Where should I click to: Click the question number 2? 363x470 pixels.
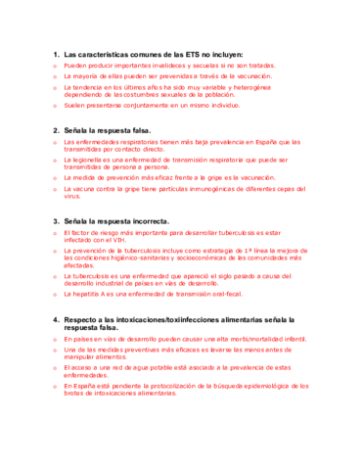pyautogui.click(x=55, y=129)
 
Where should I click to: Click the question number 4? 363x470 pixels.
pyautogui.click(x=55, y=320)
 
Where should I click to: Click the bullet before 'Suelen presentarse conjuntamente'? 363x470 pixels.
pyautogui.click(x=55, y=104)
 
